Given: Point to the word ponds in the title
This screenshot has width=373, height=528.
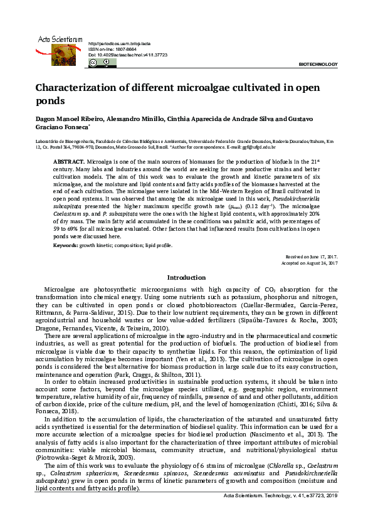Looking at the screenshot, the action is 51,100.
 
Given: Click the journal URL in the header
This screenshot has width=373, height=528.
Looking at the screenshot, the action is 119,43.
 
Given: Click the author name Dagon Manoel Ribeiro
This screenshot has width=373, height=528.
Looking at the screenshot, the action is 71,119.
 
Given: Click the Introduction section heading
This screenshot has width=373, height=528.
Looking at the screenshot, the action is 186,277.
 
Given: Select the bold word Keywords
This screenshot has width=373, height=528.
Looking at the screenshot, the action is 66,245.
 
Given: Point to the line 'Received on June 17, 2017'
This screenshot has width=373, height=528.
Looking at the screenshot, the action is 312,257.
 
